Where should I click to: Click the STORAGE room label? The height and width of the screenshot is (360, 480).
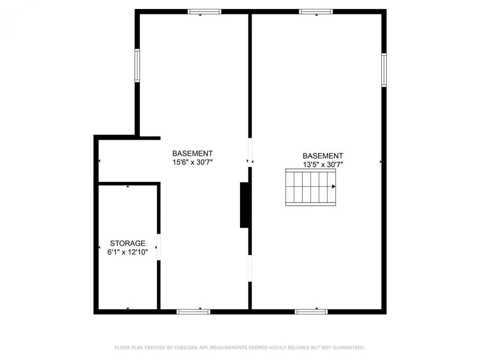click(x=127, y=243)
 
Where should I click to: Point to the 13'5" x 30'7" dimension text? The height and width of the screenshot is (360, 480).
click(x=323, y=165)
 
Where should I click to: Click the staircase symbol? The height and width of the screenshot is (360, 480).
click(x=311, y=187)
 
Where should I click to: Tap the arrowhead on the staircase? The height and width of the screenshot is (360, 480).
click(x=334, y=187)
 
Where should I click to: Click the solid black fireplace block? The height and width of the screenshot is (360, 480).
click(x=245, y=205)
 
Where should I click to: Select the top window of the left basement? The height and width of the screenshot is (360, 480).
click(x=204, y=11)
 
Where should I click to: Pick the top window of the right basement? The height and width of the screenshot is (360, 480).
click(x=316, y=11)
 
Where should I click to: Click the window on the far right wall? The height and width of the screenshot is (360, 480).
click(x=384, y=69)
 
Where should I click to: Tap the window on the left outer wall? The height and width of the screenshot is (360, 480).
click(x=137, y=66)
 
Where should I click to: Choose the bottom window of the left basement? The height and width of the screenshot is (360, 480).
click(x=194, y=311)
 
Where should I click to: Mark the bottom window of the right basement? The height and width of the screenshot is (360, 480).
click(x=311, y=311)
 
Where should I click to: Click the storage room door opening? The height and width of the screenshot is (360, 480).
click(x=158, y=248)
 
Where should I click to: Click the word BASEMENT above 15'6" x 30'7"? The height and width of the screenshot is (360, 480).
click(x=192, y=153)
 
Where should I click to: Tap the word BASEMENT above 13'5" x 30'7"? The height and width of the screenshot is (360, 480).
click(x=323, y=156)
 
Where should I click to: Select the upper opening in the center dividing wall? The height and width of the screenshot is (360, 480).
click(x=250, y=153)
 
